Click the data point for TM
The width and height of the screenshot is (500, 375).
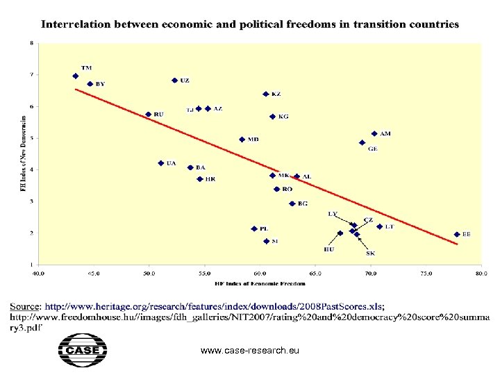coord(75,76)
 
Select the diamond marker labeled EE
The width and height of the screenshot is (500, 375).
coord(457,235)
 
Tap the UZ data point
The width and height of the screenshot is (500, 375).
coord(174,81)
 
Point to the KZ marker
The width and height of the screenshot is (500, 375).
coord(265,94)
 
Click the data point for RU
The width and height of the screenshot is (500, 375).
coord(148,115)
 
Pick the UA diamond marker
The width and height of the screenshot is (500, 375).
coord(160,163)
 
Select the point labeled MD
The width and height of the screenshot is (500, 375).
coord(242,139)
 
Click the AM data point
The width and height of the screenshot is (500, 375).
coord(374,133)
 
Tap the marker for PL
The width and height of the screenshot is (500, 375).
coord(254,228)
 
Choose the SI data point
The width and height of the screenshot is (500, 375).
coord(266,242)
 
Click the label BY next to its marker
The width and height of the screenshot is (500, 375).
coord(101,84)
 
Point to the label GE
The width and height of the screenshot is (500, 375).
coord(373,149)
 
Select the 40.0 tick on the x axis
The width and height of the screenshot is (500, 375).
coord(38,274)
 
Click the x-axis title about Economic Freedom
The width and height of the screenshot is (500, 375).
coord(259,283)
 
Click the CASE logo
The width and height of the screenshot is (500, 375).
coord(82,350)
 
